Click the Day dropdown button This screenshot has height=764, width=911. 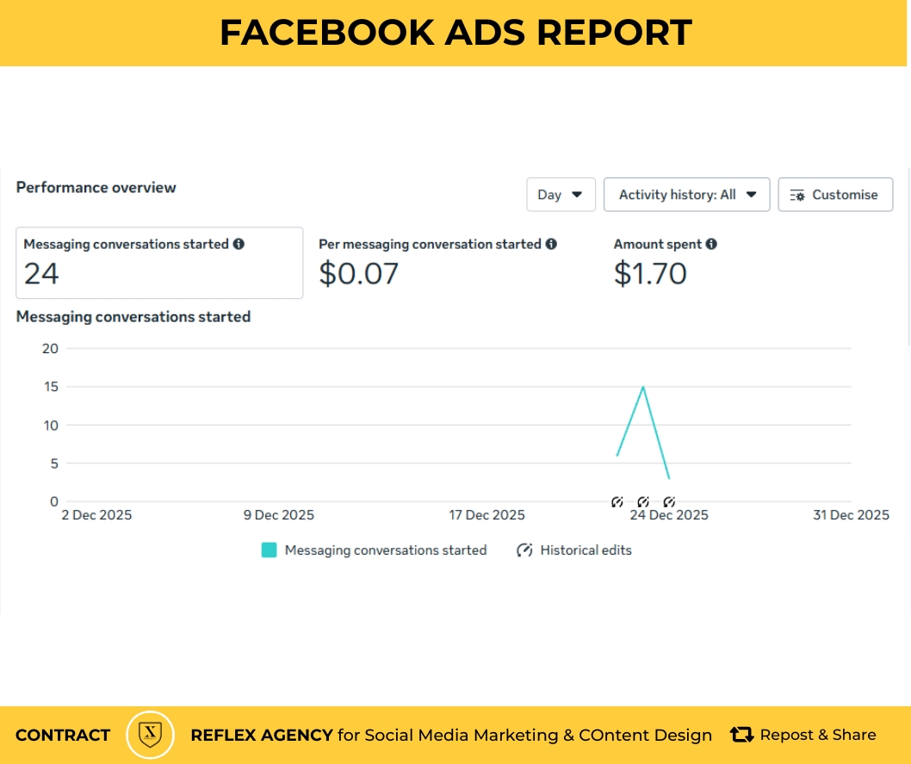click(560, 195)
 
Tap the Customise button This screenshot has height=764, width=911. click(834, 195)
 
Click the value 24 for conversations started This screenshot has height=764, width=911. click(41, 274)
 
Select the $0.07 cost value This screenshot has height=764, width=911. click(358, 274)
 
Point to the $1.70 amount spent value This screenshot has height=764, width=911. click(650, 274)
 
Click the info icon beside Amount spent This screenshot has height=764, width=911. click(711, 244)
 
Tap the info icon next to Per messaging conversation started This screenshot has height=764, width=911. click(551, 244)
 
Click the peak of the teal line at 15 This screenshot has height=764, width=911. click(643, 387)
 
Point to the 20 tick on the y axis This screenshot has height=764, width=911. click(50, 348)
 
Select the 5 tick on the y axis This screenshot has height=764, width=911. click(53, 463)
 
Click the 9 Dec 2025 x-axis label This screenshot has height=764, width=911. click(278, 515)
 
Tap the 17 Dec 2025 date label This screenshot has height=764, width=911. click(486, 515)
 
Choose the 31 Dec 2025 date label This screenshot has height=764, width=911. click(851, 515)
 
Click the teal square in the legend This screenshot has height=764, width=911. click(270, 550)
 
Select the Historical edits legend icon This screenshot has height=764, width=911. click(524, 550)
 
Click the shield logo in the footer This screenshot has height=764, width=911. click(151, 735)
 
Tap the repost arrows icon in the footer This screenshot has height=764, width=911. click(741, 735)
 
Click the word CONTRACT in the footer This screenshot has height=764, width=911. click(63, 736)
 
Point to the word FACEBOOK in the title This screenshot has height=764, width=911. click(325, 33)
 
